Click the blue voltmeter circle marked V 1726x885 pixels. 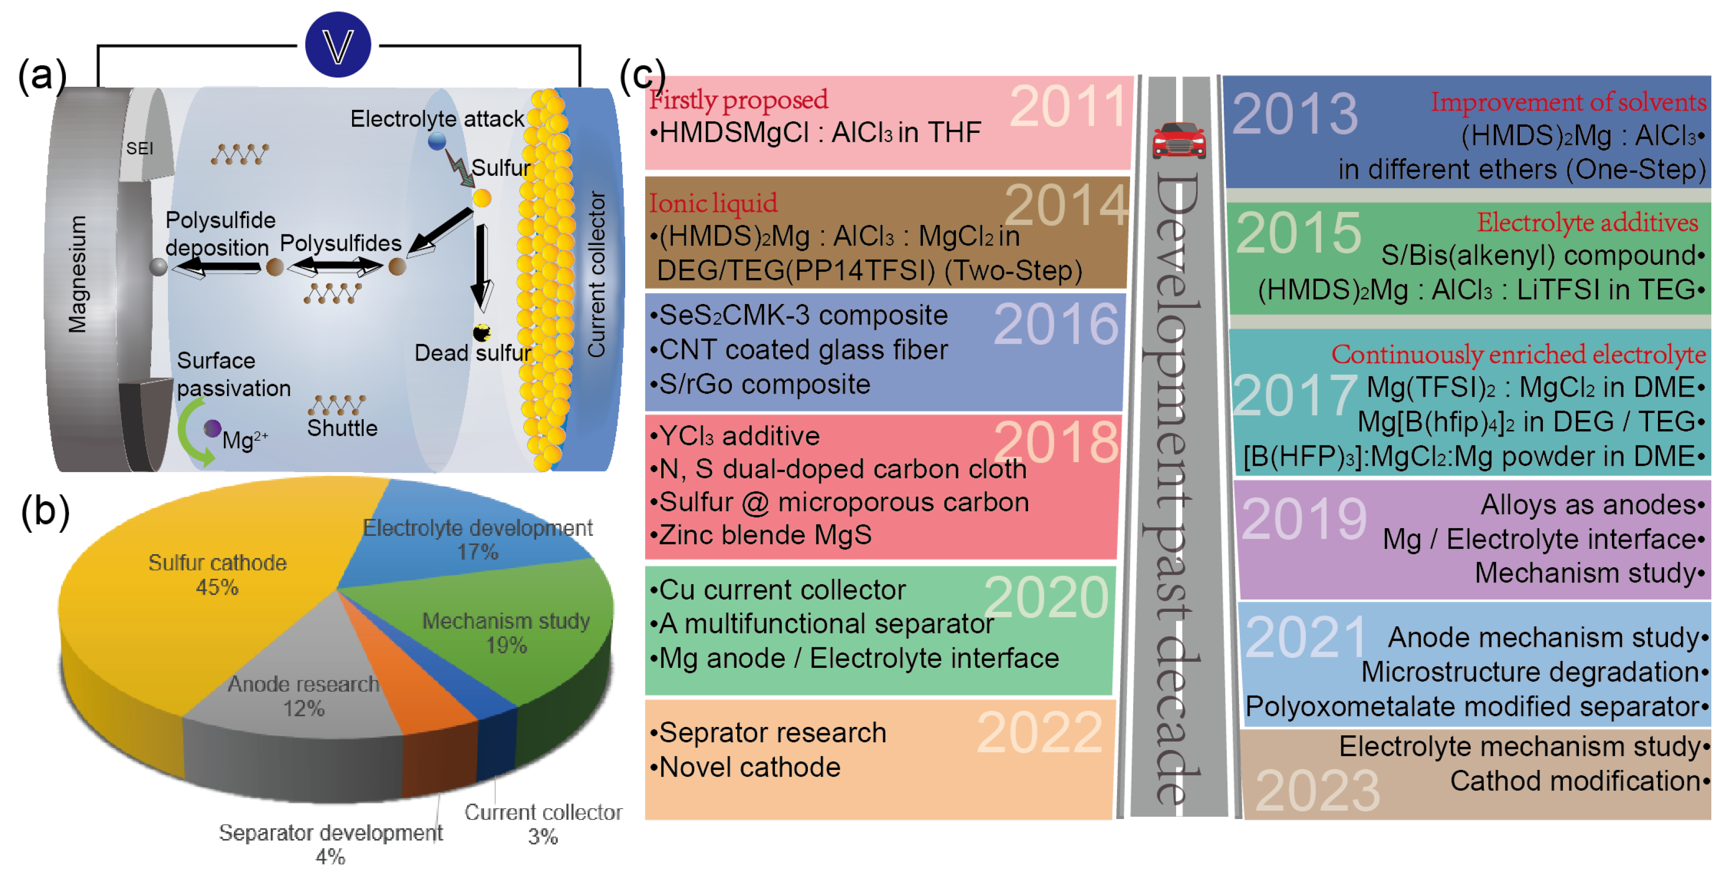[337, 44]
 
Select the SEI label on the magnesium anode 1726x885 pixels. [139, 148]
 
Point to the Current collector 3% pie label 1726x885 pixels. [543, 823]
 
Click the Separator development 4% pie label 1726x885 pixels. [330, 844]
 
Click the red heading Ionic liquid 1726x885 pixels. [713, 203]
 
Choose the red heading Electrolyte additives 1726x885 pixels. [1587, 222]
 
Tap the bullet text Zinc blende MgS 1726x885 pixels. [765, 535]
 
